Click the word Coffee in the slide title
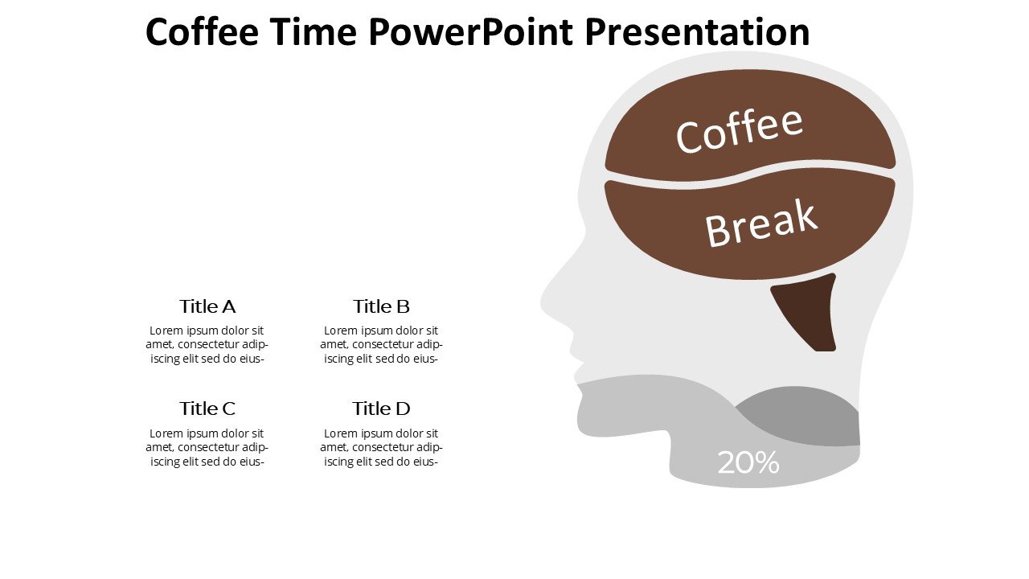[202, 31]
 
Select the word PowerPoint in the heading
[471, 31]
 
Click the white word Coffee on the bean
[739, 131]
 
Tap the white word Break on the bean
[761, 224]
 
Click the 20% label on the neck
[748, 462]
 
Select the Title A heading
[207, 306]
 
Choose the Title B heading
[381, 306]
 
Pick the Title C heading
[207, 409]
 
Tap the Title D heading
[381, 409]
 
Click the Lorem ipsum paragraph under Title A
[207, 345]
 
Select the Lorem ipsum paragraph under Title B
[381, 345]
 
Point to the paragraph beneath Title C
[207, 448]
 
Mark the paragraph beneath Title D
[381, 448]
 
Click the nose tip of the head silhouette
[542, 303]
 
